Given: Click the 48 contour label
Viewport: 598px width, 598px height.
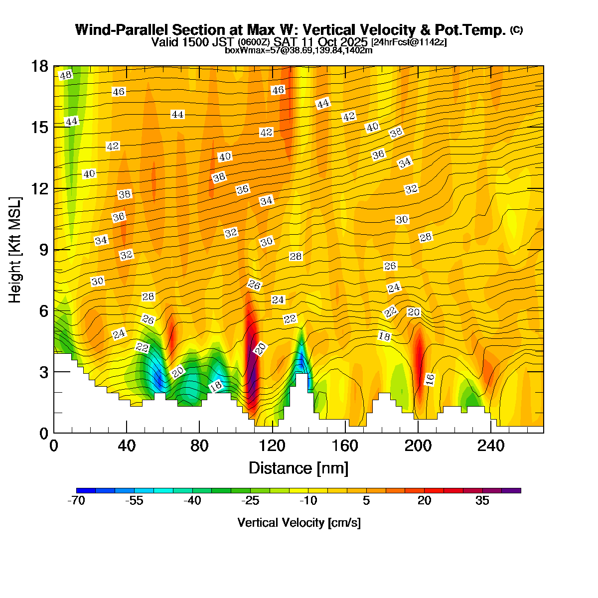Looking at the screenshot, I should pos(65,75).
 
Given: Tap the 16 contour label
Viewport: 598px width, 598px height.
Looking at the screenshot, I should pos(430,379).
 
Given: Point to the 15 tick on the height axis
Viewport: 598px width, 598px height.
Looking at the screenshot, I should pos(40,128).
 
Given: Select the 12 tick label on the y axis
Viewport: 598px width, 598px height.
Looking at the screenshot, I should pos(40,189).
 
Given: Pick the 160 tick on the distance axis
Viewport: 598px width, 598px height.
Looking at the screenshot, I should pos(345,446).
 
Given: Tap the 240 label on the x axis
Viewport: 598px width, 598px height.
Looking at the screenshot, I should pos(491,446).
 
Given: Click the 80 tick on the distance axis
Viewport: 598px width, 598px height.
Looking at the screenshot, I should pos(199,446).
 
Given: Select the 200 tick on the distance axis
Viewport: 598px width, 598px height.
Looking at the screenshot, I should pos(418,446).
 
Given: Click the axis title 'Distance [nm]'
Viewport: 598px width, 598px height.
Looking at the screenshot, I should pos(298,468).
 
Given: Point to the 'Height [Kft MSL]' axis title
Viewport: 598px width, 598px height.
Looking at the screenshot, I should pos(15,250).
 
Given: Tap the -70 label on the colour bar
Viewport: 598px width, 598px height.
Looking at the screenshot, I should pos(76,501).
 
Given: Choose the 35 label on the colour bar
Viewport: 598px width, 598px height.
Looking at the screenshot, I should pos(482,501).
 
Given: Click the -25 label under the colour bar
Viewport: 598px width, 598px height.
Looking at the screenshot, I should pos(251,501).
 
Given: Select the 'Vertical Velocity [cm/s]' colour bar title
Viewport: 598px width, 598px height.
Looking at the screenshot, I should pos(299,523).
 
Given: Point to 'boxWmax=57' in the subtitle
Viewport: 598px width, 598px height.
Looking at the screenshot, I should pos(248,50).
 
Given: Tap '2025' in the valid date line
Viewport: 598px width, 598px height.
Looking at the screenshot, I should pos(354,41).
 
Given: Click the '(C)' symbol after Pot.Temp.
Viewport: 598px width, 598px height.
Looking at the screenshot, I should pos(516,30).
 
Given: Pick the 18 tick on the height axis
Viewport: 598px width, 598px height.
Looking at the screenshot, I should pos(40,66).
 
